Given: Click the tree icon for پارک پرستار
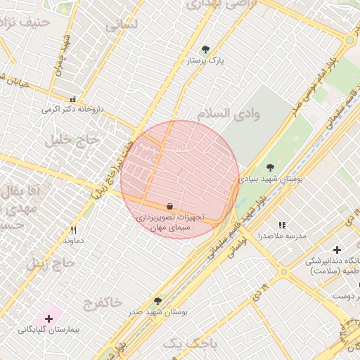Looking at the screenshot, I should coord(205,49).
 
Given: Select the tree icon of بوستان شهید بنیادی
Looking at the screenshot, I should coord(270,167).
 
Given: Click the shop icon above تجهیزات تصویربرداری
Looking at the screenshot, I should coord(169,206).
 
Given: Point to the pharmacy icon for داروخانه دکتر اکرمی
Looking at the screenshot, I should coord(72,98).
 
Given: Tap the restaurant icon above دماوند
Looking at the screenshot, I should coord(73,230).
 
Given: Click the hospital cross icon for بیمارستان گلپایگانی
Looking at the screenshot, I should coord(49,319).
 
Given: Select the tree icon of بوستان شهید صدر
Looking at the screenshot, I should coord(157,300).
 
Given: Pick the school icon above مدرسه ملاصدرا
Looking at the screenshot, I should coord(282,225).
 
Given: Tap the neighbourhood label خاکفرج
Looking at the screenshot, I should coord(103,303).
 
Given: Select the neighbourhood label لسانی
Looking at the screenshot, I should coord(122,25).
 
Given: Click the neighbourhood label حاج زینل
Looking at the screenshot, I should coord(51,264).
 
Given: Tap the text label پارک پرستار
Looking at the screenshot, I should coord(205,61).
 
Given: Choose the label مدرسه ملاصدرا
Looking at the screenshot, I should coord(282,236).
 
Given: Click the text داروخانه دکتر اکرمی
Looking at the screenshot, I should coord(72,110).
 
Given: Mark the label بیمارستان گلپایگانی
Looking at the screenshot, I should coord(48,330).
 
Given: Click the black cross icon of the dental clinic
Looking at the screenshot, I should coord(337,250).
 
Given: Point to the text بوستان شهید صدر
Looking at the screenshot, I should coord(157,311).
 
